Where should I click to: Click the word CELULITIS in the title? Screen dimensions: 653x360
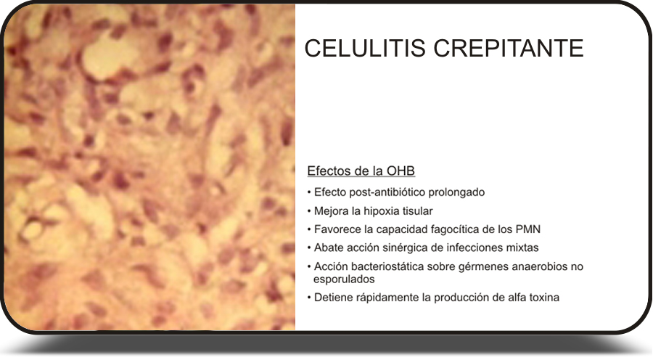pos(365,48)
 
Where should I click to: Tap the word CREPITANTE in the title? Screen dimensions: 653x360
pos(509,48)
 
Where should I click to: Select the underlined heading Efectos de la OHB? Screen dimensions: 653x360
pos(361,171)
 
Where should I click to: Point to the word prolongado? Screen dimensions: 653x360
pos(456,193)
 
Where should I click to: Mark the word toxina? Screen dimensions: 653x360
pos(544,298)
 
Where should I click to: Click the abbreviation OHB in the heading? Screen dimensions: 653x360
pos(401,171)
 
